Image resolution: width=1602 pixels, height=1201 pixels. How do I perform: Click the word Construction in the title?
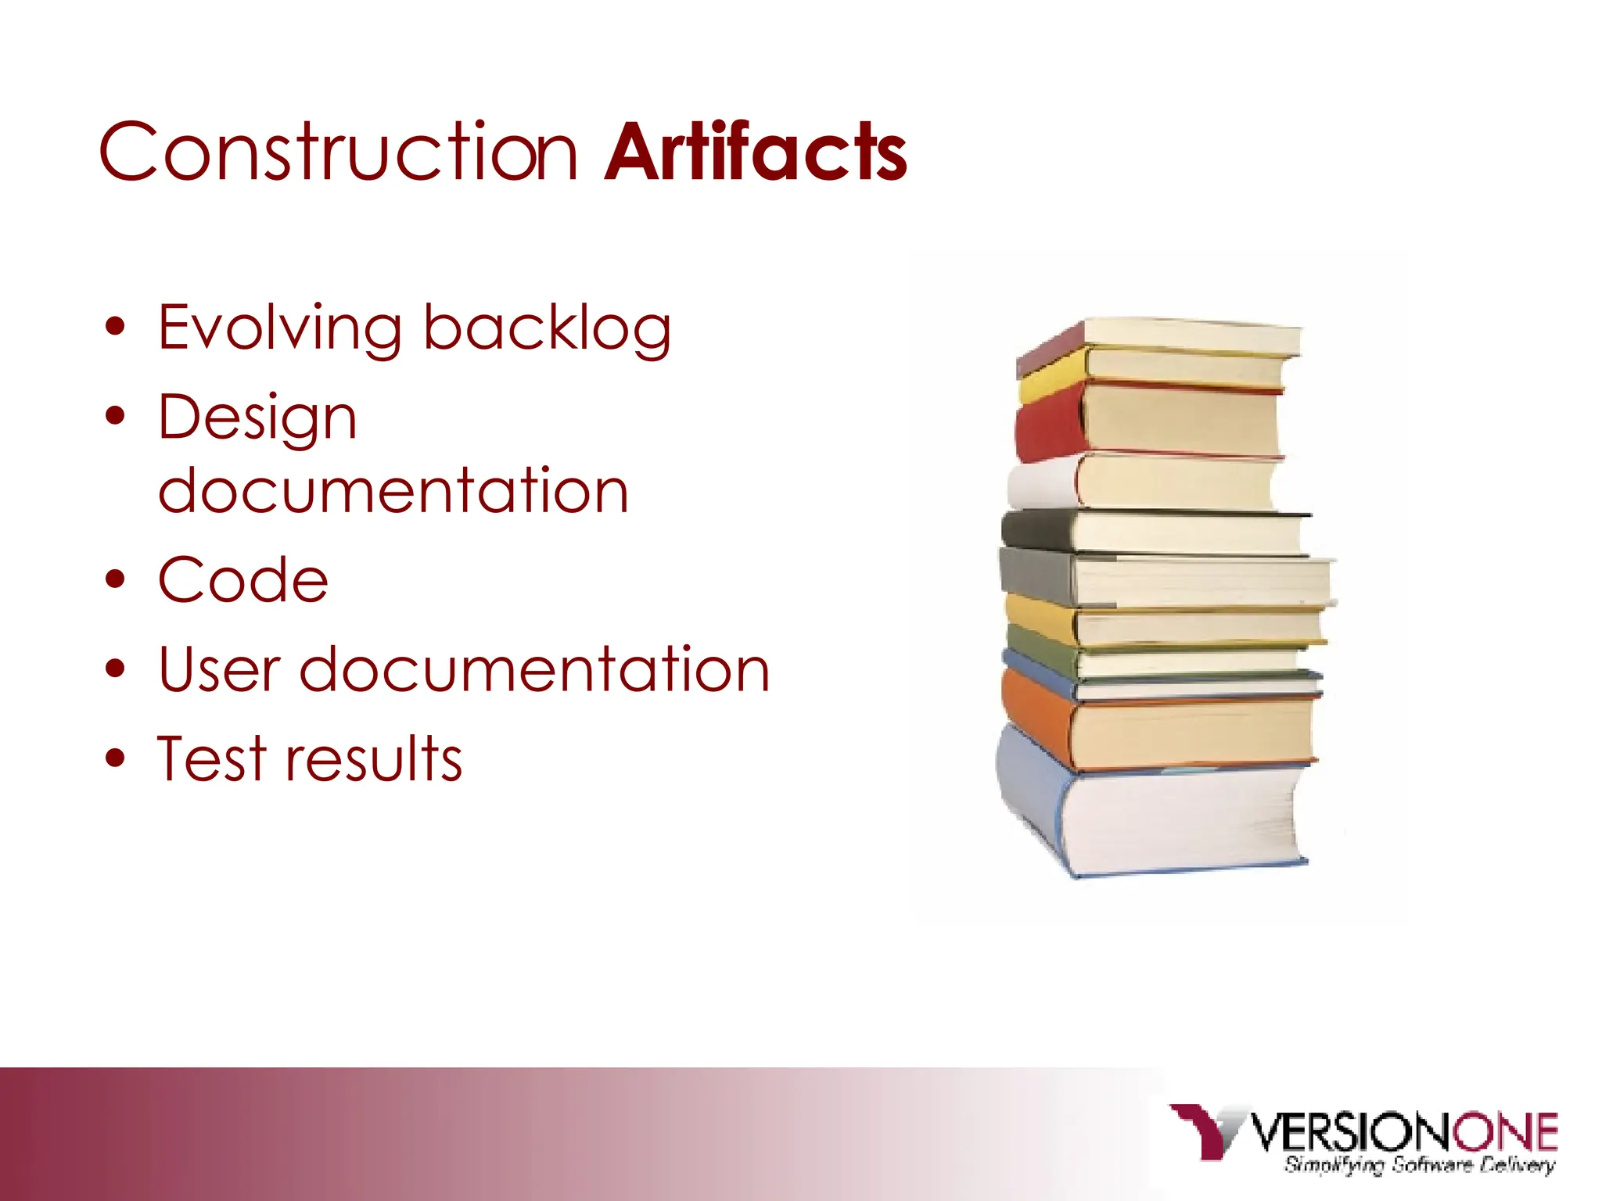pyautogui.click(x=338, y=152)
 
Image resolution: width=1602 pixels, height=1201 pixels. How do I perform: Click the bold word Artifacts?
pyautogui.click(x=756, y=152)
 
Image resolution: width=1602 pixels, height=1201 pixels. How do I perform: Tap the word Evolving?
pyautogui.click(x=280, y=328)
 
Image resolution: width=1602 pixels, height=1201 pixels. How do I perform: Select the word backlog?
pyautogui.click(x=547, y=328)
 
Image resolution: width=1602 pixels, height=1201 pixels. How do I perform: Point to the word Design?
pyautogui.click(x=257, y=418)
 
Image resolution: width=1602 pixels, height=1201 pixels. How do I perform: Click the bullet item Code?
pyautogui.click(x=243, y=580)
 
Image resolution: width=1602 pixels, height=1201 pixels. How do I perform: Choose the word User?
pyautogui.click(x=219, y=670)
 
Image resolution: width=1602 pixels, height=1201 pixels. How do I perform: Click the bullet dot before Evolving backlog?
pyautogui.click(x=116, y=328)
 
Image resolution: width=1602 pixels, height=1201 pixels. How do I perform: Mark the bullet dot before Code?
pyautogui.click(x=116, y=580)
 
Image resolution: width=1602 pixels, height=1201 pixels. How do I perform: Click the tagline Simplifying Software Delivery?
pyautogui.click(x=1419, y=1165)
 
